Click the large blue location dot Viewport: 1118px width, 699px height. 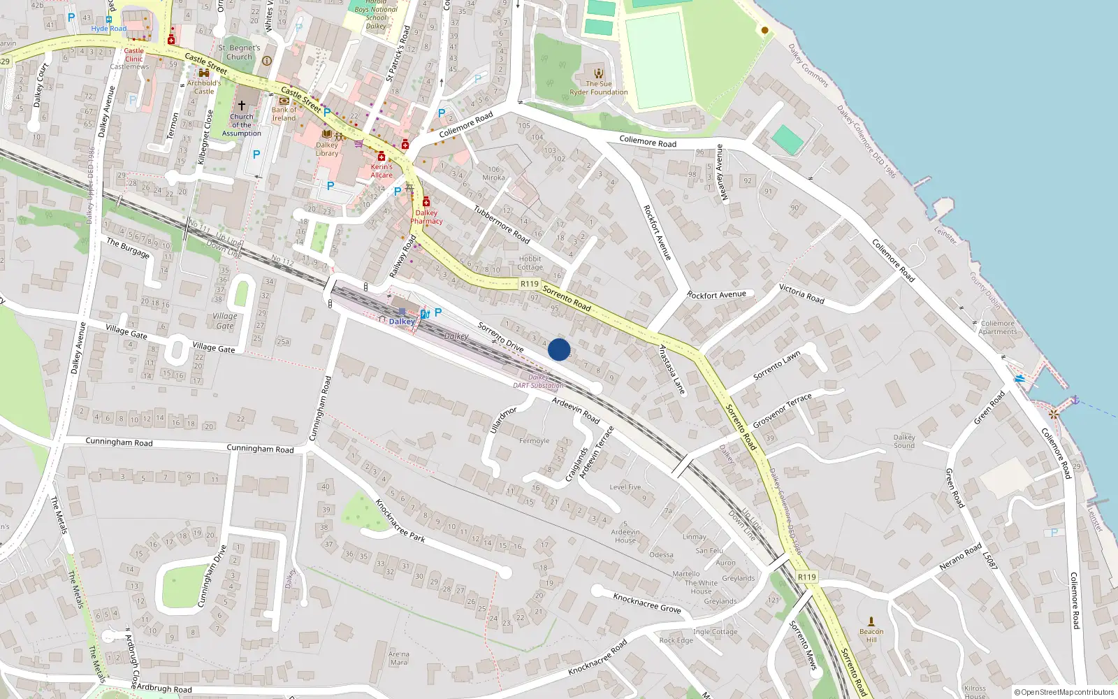pyautogui.click(x=559, y=349)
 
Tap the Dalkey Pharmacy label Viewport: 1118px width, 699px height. pyautogui.click(x=426, y=217)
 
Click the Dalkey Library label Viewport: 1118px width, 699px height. pyautogui.click(x=327, y=150)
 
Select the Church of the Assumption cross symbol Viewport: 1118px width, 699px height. pyautogui.click(x=242, y=105)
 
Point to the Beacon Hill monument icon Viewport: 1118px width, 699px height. pyautogui.click(x=871, y=621)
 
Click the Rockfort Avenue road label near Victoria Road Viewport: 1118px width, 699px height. pyautogui.click(x=716, y=295)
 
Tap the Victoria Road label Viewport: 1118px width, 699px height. pyautogui.click(x=801, y=294)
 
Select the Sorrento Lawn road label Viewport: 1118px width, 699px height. pyautogui.click(x=777, y=366)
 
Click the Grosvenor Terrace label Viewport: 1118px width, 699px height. pyautogui.click(x=782, y=410)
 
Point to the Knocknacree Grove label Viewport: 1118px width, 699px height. pyautogui.click(x=646, y=603)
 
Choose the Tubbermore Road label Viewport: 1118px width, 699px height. pyautogui.click(x=502, y=224)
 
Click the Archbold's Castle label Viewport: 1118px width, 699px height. pyautogui.click(x=204, y=87)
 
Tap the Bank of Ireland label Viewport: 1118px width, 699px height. pyautogui.click(x=284, y=114)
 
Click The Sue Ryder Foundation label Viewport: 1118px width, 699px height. pyautogui.click(x=599, y=87)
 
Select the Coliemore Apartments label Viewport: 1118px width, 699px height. pyautogui.click(x=997, y=327)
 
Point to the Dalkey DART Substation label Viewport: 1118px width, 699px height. pyautogui.click(x=538, y=381)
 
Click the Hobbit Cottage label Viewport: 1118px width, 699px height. pyautogui.click(x=530, y=263)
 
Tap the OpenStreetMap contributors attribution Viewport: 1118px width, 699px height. pyautogui.click(x=1064, y=692)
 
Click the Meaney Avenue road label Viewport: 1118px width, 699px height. pyautogui.click(x=721, y=172)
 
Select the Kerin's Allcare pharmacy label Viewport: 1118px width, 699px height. pyautogui.click(x=382, y=171)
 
